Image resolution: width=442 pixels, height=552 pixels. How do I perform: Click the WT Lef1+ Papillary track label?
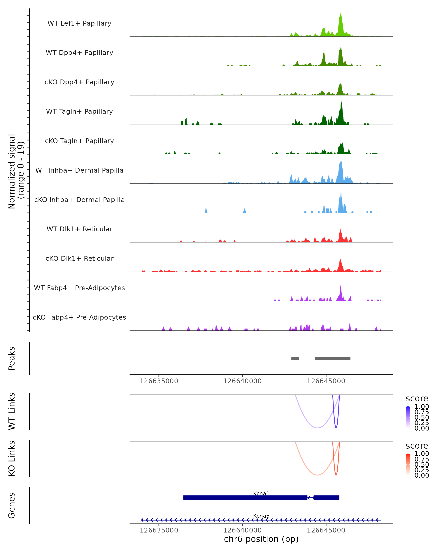tap(79, 23)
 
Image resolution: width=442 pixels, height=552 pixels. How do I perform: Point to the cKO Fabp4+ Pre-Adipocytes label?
tap(79, 317)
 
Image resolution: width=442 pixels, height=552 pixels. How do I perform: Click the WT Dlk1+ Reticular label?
tap(79, 229)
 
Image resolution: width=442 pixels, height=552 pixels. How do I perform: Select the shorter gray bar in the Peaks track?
tap(295, 358)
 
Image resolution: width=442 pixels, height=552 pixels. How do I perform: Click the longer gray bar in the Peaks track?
tap(333, 358)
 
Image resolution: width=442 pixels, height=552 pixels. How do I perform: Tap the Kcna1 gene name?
tap(261, 493)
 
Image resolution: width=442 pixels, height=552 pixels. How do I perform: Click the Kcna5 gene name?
tap(261, 516)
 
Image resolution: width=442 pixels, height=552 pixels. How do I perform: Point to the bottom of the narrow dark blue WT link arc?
tap(336, 428)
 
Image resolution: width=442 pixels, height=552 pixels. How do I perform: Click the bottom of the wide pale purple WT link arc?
tap(317, 428)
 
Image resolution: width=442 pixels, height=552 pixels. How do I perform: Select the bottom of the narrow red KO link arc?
tap(336, 475)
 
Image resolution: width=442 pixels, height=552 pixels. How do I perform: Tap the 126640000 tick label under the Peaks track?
tap(242, 381)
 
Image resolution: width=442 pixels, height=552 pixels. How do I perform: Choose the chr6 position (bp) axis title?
tap(261, 539)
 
